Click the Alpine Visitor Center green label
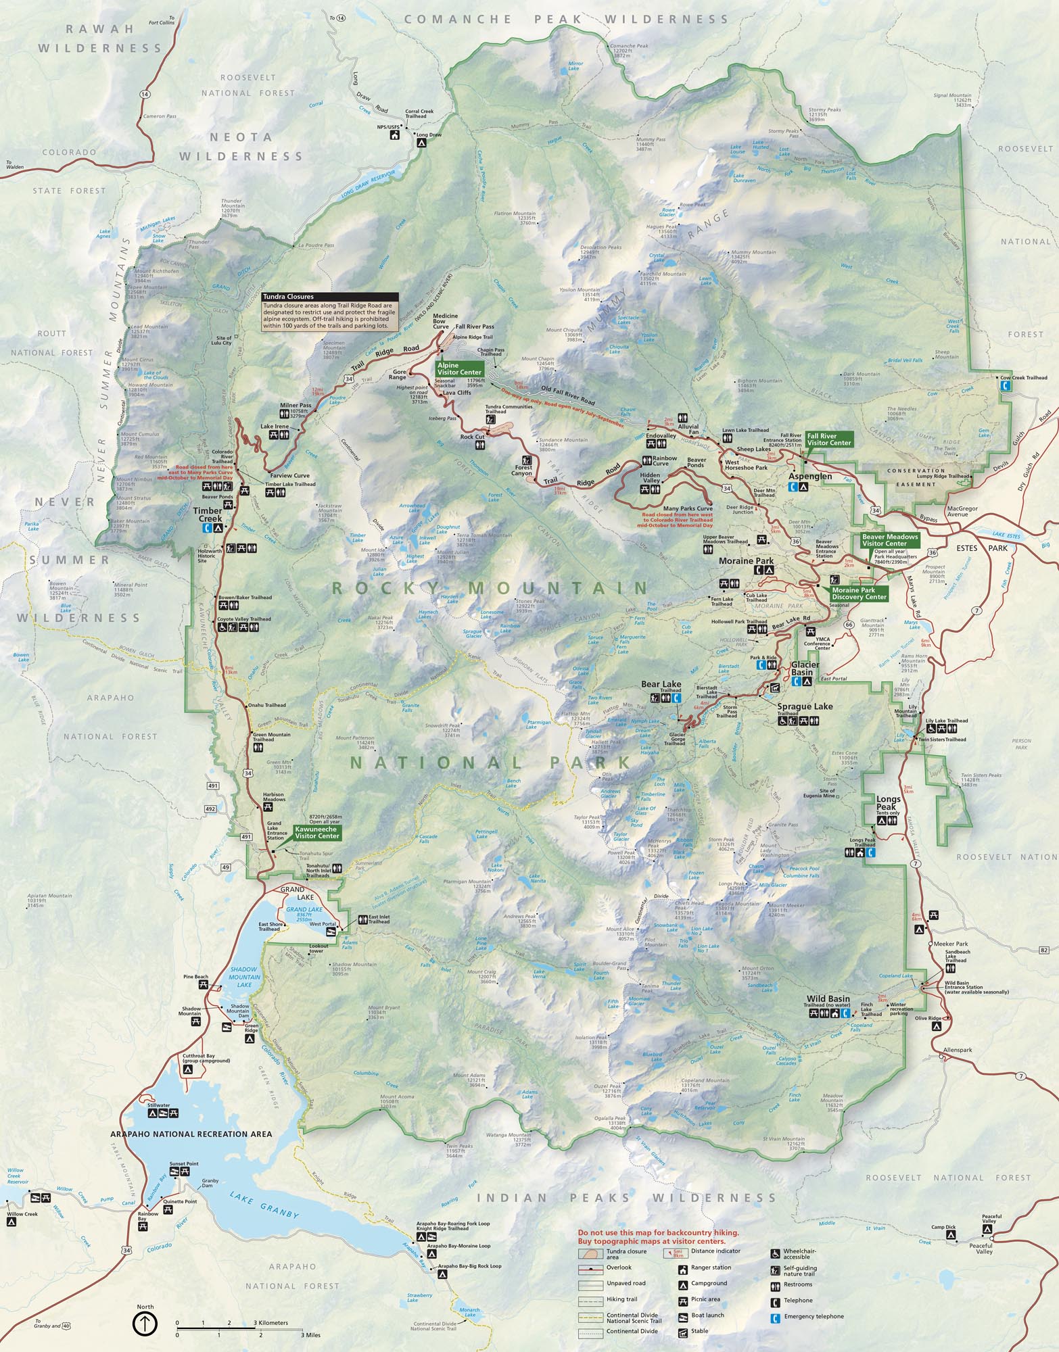coord(459,368)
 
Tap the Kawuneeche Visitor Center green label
coord(317,832)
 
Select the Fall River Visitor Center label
coord(828,439)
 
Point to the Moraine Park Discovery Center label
coord(858,594)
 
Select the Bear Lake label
coord(661,684)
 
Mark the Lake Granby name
coord(264,1205)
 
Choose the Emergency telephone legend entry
coord(814,1316)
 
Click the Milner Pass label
coord(295,406)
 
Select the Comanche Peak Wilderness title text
coord(567,19)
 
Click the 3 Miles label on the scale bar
coord(310,1335)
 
